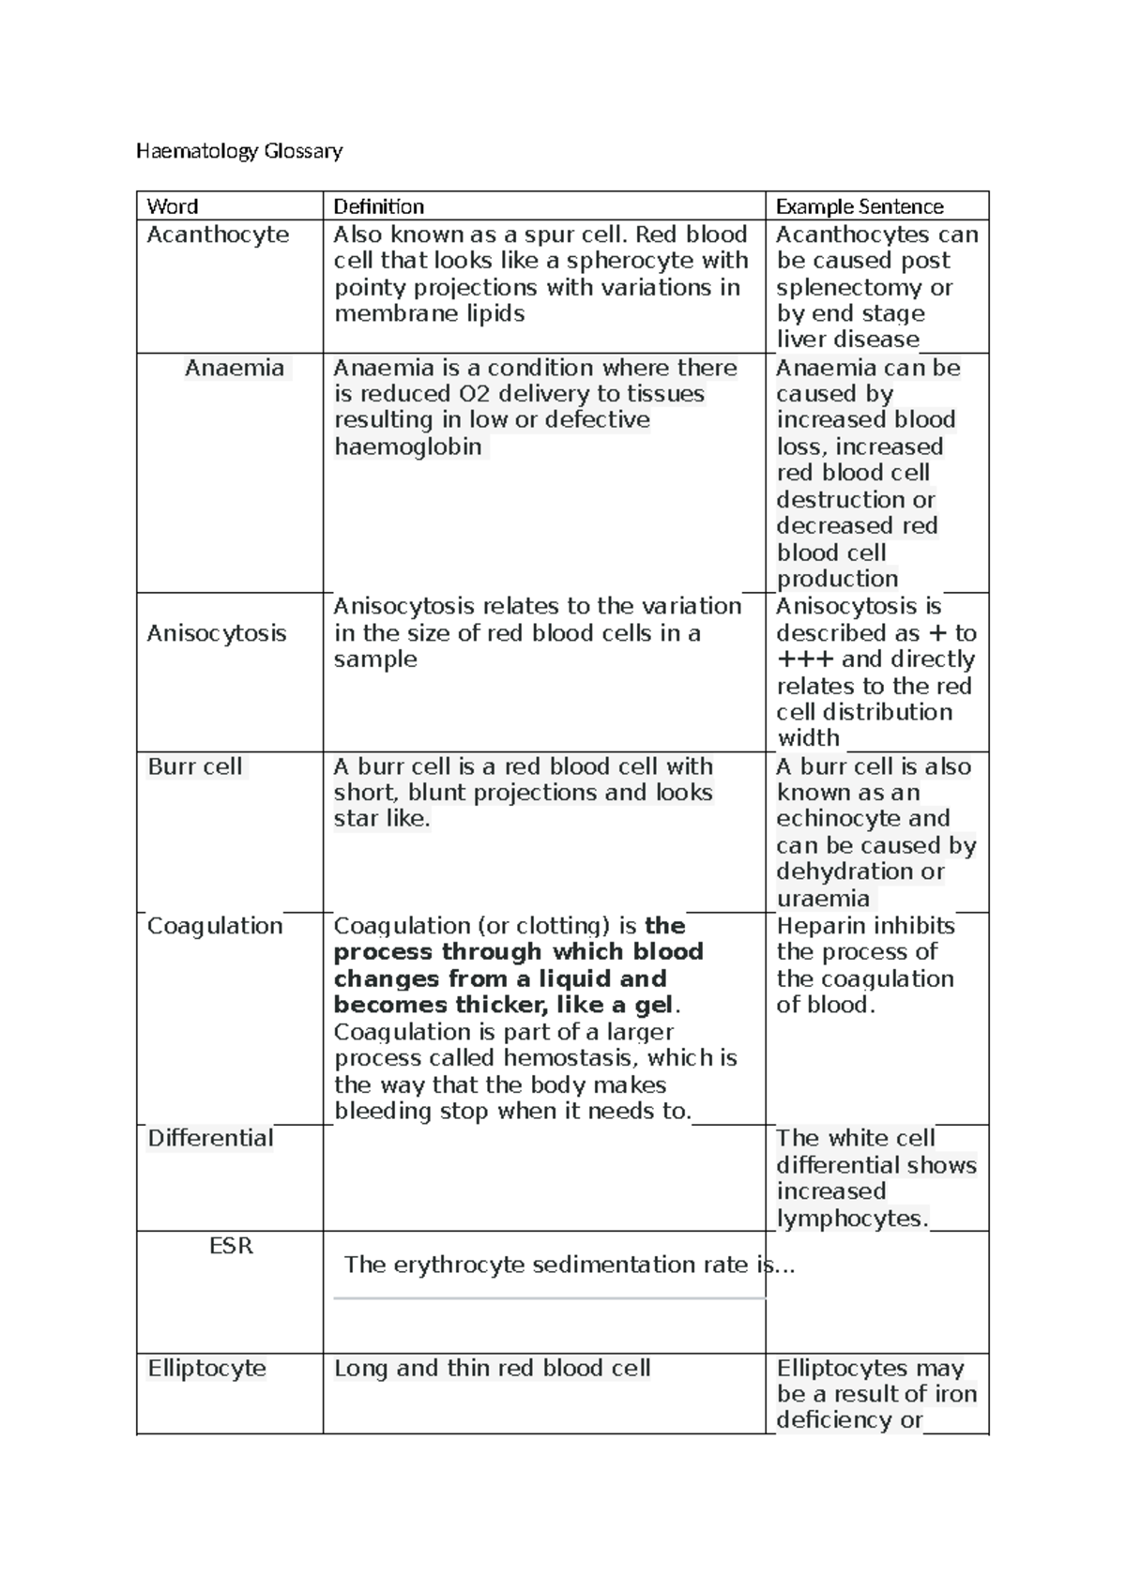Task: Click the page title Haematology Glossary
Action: coord(239,150)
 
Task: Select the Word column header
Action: coord(173,206)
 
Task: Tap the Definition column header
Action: coord(379,206)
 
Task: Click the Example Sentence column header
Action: coord(860,206)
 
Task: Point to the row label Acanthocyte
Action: coord(218,235)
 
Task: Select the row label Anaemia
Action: coord(235,368)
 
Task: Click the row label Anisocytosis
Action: coord(217,633)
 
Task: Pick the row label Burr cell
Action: coord(195,766)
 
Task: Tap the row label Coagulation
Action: coord(215,926)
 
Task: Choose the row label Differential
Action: coord(210,1138)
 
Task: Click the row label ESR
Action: coord(231,1246)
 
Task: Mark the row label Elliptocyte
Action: coord(206,1368)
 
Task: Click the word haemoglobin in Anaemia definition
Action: coord(407,447)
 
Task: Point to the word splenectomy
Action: coord(852,287)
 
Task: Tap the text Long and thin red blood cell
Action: coord(492,1368)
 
